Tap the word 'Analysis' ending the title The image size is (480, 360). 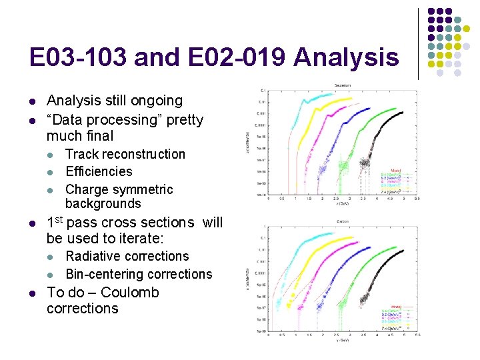pyautogui.click(x=345, y=58)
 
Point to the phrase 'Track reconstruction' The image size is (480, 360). pyautogui.click(x=125, y=154)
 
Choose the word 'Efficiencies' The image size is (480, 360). pyautogui.click(x=99, y=171)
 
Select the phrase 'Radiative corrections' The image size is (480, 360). pyautogui.click(x=127, y=256)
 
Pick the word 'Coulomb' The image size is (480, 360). pyautogui.click(x=130, y=293)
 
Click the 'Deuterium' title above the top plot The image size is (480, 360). pyautogui.click(x=345, y=85)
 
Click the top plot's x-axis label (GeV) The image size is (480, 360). pyautogui.click(x=345, y=205)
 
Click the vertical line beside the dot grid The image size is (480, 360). pyautogui.click(x=418, y=43)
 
